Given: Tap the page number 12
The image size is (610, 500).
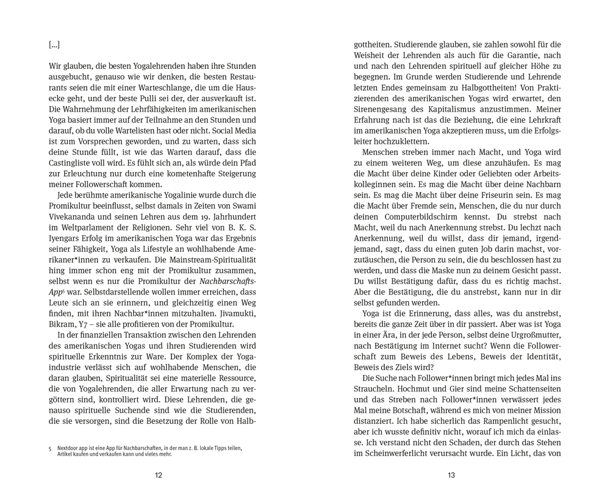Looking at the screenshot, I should pyautogui.click(x=159, y=476).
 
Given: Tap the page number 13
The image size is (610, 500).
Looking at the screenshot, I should pyautogui.click(x=451, y=476).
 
